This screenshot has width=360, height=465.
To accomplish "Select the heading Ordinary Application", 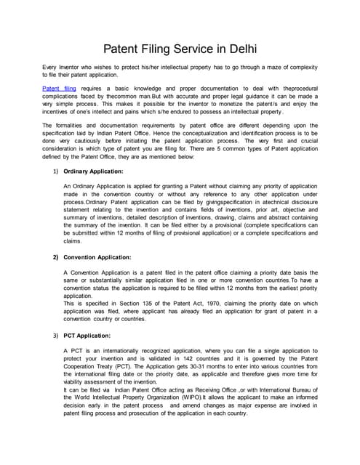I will coord(94,171).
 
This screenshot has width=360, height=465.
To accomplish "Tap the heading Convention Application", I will coord(97,257).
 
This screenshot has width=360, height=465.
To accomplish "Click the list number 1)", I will coord(55,171).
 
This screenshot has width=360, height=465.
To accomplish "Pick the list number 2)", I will coord(55,257).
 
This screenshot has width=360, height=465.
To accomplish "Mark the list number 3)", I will coord(55,336).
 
